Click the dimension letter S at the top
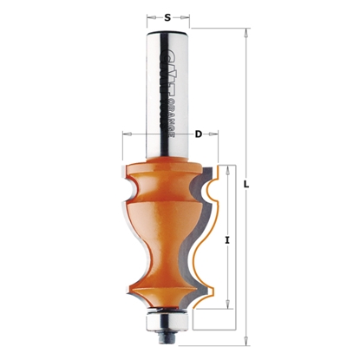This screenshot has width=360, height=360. point(167,15)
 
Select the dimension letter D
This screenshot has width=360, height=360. point(198,134)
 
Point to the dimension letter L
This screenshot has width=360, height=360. point(248,185)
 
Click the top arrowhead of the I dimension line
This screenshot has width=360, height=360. point(226,168)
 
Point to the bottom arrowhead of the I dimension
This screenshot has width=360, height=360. point(226,308)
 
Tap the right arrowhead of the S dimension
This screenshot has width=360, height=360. point(187,16)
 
